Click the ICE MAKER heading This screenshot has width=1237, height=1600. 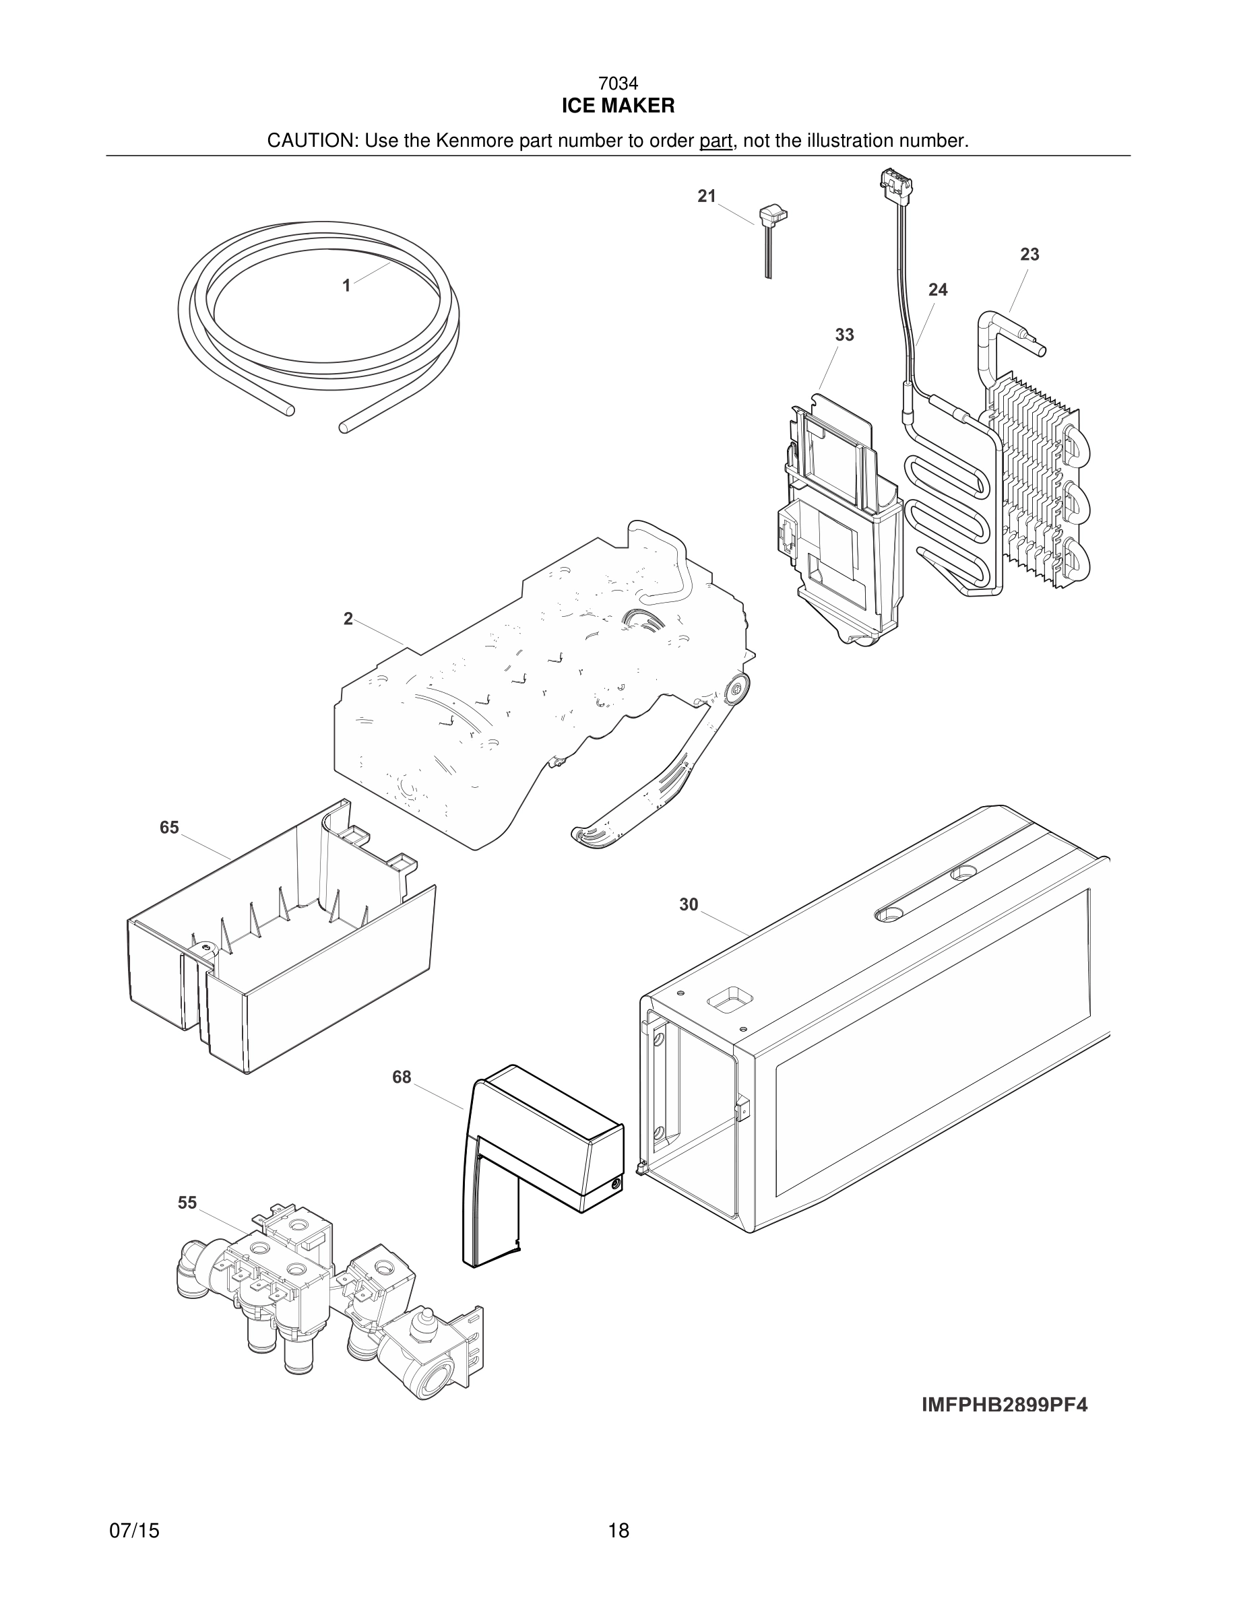618,106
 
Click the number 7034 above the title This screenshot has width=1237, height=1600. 618,84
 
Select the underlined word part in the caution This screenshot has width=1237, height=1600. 716,141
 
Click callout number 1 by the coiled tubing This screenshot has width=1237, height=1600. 346,286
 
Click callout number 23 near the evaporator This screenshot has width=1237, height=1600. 1029,255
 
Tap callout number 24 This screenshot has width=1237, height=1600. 937,290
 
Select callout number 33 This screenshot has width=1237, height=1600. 844,335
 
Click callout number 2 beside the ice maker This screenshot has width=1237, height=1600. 348,618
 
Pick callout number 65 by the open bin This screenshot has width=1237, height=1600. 169,827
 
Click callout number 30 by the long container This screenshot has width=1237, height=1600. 688,905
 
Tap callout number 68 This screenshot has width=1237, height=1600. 402,1077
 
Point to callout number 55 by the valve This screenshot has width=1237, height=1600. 187,1202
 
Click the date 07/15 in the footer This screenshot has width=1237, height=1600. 134,1531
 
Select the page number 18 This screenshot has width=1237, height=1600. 618,1531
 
